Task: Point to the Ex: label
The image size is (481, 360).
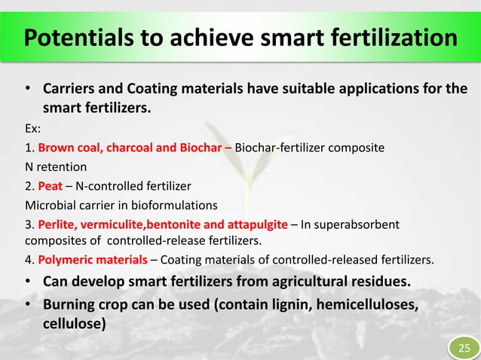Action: (35, 129)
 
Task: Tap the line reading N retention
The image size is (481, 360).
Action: (57, 166)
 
